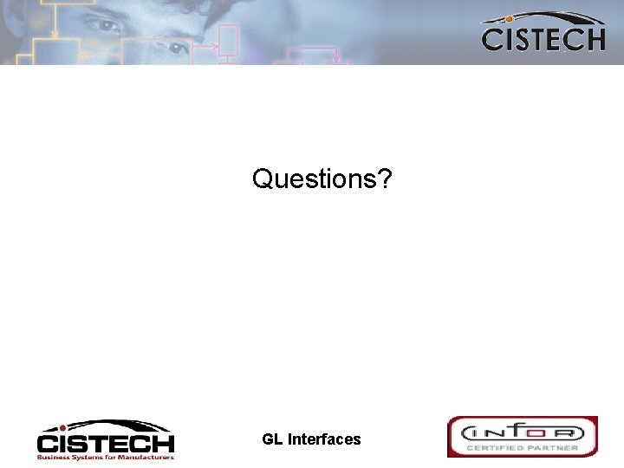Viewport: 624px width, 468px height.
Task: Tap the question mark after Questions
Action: [x=384, y=179]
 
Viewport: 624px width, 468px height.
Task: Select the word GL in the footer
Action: [x=272, y=439]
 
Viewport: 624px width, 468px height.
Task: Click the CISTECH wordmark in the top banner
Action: [x=543, y=39]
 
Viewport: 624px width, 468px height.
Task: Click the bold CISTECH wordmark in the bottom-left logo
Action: [x=106, y=443]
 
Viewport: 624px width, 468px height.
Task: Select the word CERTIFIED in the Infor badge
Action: [x=500, y=448]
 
